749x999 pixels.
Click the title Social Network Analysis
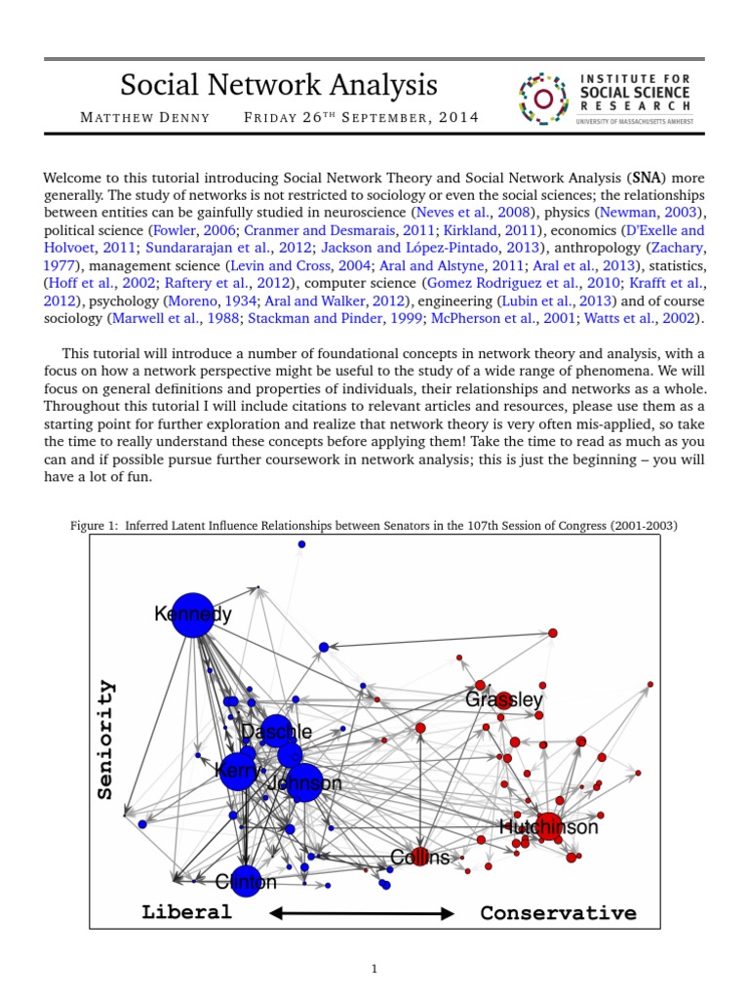coord(278,85)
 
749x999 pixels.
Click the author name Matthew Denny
coord(139,118)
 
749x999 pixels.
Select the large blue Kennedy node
coord(193,615)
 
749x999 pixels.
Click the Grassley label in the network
coord(504,699)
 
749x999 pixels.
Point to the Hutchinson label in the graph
coord(548,827)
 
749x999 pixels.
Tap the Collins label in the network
coord(419,858)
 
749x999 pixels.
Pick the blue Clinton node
coord(246,881)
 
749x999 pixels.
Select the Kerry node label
coord(236,771)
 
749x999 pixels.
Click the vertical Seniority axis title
coord(105,739)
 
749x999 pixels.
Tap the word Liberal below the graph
coord(187,912)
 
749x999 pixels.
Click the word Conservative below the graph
coord(558,913)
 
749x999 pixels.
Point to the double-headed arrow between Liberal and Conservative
coord(362,913)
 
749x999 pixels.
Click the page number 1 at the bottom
coord(374,969)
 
